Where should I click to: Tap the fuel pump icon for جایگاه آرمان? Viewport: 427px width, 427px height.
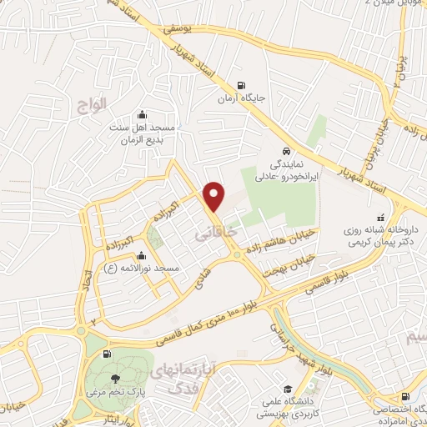pyautogui.click(x=241, y=84)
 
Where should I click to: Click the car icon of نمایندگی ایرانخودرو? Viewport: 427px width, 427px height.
pyautogui.click(x=286, y=152)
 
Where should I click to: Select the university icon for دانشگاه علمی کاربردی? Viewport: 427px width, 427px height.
pyautogui.click(x=287, y=389)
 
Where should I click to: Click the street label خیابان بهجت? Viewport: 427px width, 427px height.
pyautogui.click(x=287, y=261)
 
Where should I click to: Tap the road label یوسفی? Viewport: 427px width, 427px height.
pyautogui.click(x=177, y=28)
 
